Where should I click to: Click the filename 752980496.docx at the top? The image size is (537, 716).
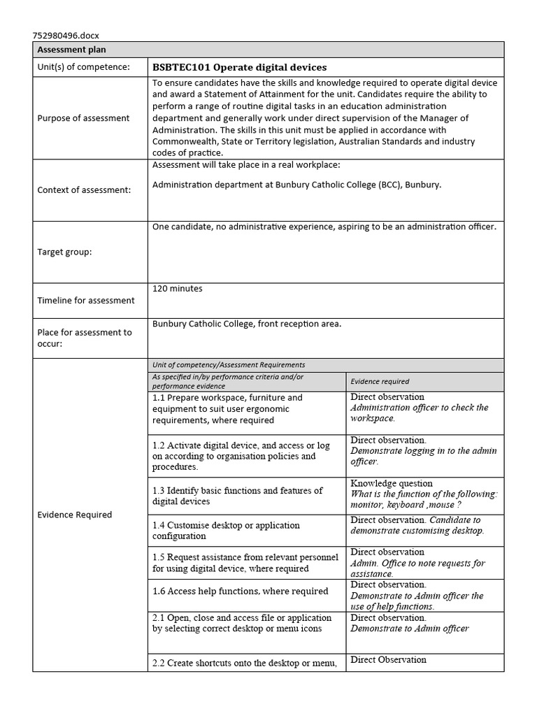pos(66,36)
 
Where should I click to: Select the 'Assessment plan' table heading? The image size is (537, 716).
pos(71,50)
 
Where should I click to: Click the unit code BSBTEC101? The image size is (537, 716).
pos(181,67)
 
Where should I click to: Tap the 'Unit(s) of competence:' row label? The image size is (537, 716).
pos(83,67)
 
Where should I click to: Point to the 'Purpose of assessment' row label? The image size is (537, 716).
pos(83,118)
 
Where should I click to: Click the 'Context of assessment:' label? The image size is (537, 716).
pos(84,190)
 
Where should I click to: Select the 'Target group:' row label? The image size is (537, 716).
pos(64,252)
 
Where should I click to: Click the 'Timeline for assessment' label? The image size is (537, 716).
pos(86,301)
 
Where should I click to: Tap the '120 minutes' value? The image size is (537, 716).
pos(178,288)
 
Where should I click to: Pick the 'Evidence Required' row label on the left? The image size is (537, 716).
pos(74,515)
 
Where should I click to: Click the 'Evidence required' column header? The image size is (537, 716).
pos(380,382)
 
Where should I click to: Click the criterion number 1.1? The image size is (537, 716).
pos(159,398)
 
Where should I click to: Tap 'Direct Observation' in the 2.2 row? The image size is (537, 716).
pos(388,659)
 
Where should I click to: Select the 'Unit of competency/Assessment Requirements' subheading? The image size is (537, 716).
pos(229,365)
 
